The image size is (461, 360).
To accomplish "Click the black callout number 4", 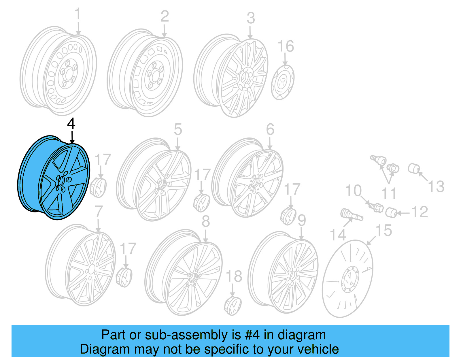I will (x=71, y=124).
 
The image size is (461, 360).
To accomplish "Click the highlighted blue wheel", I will (x=54, y=178).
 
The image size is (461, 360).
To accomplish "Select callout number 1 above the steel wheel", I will (x=78, y=14).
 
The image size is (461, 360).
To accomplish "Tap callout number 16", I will (x=286, y=46).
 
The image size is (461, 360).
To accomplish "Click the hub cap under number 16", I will (x=283, y=82).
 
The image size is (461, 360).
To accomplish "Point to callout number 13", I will (x=436, y=186).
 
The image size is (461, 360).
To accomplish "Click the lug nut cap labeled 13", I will (x=414, y=168).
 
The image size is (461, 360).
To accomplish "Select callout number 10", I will (x=353, y=191).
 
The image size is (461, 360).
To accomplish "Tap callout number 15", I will (x=383, y=231).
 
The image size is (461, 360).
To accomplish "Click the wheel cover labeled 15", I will (x=347, y=278).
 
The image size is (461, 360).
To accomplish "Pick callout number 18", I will (x=234, y=277).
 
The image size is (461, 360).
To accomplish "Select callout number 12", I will (x=420, y=212).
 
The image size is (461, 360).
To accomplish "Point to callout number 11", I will (x=389, y=193).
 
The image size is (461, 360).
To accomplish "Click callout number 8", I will (x=205, y=221).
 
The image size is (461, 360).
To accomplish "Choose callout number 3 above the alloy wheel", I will (x=251, y=18).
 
